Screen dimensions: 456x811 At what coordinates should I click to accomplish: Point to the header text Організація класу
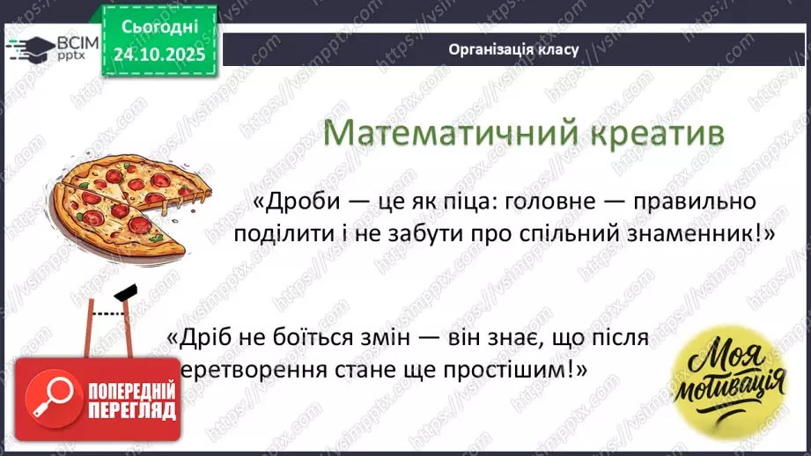[513, 49]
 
